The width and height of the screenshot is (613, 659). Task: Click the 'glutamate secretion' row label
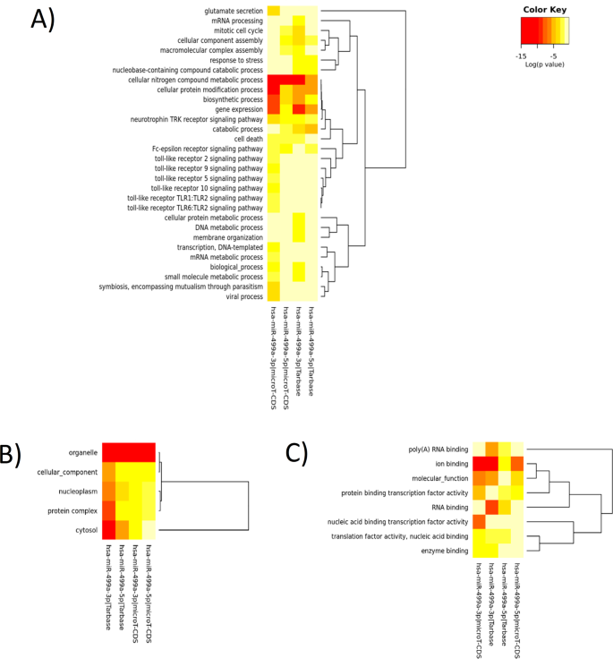pos(226,11)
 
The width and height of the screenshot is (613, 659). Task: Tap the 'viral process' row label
pos(240,296)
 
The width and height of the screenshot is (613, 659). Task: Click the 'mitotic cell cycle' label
pos(231,30)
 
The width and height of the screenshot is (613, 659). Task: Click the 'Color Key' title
pos(544,11)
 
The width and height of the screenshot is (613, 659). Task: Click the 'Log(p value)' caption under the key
pos(544,64)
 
